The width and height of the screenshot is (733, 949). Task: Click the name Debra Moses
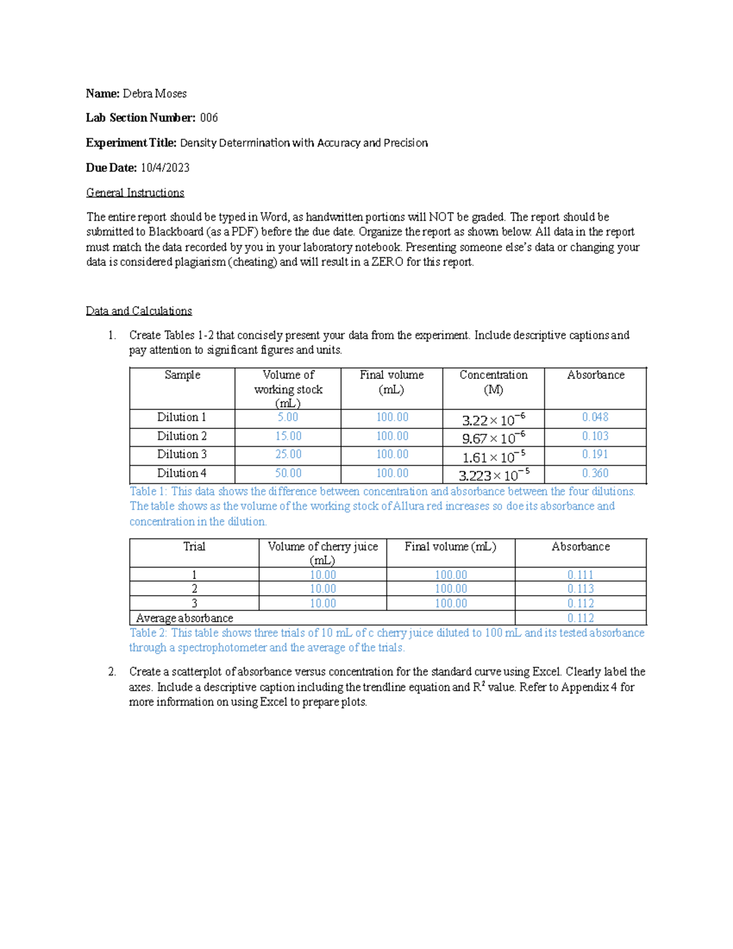[155, 93]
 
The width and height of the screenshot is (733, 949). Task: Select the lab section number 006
[209, 118]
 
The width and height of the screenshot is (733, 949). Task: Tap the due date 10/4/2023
[165, 167]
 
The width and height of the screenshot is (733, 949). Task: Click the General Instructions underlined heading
[135, 192]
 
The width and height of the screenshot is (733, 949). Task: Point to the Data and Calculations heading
[139, 311]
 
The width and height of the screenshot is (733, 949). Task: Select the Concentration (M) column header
[493, 382]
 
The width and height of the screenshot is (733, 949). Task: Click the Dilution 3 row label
[181, 454]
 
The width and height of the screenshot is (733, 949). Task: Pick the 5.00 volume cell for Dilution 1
[288, 417]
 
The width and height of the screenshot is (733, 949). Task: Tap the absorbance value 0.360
[595, 473]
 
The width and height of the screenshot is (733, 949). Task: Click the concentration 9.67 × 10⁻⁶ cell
[493, 438]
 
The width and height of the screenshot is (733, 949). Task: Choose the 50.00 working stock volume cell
[288, 473]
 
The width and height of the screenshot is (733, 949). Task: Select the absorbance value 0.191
[595, 454]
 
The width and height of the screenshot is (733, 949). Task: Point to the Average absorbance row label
[184, 618]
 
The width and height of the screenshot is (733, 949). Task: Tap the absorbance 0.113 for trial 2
[580, 588]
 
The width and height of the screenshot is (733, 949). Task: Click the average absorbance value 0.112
[580, 618]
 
